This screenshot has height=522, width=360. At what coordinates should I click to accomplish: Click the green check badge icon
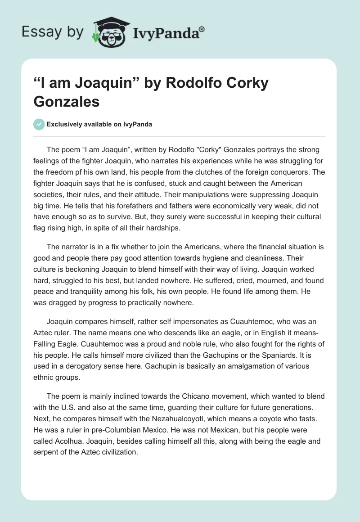(39, 124)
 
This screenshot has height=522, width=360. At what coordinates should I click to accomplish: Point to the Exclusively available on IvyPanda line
(99, 124)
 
